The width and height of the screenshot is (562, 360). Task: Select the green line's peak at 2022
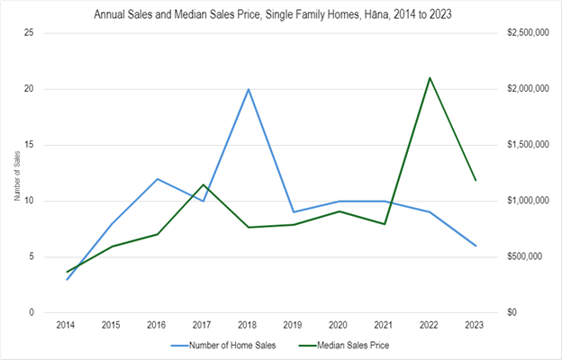pos(431,77)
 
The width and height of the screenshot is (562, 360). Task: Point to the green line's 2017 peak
pos(204,184)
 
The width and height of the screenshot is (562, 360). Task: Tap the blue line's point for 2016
pos(158,178)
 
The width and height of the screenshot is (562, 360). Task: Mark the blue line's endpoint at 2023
pos(476,246)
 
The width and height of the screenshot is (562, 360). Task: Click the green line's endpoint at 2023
pos(476,180)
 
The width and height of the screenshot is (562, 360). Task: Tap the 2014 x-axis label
pos(67,322)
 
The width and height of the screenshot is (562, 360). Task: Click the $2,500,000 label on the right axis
pos(527,33)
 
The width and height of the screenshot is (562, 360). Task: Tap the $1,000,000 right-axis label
pos(527,201)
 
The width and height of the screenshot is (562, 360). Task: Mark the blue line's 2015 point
pos(113,223)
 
